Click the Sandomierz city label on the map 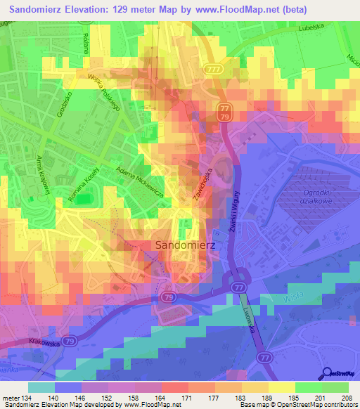coord(181,245)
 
